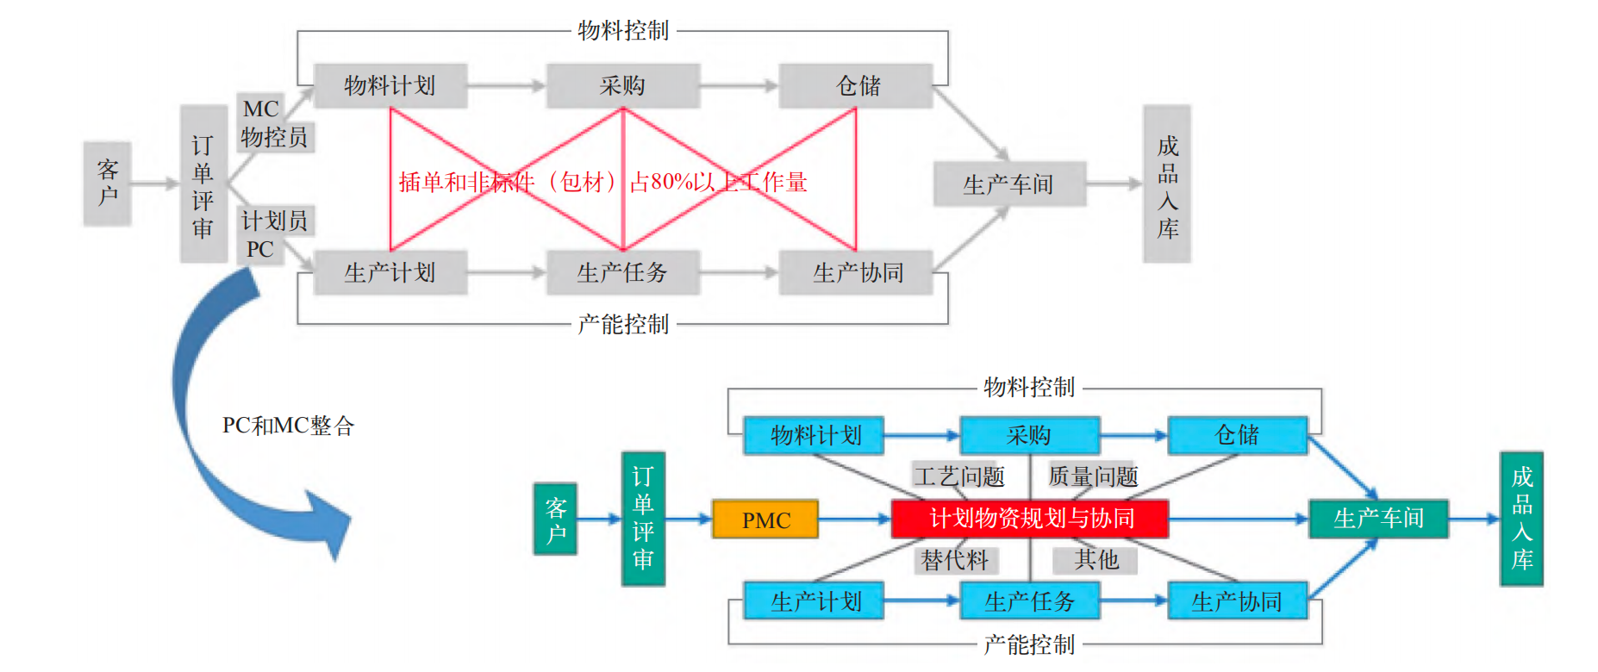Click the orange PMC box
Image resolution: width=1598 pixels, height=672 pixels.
[765, 520]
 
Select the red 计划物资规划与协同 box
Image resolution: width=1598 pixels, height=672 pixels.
[1030, 519]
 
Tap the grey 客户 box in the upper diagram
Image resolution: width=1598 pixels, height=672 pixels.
[108, 184]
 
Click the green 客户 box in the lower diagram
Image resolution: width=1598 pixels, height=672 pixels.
[555, 520]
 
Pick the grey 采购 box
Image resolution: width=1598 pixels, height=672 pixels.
[622, 85]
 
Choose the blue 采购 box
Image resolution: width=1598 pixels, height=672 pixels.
[1029, 435]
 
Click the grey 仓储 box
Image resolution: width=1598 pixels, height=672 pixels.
[857, 85]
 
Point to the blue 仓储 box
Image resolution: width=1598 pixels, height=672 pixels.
[1237, 435]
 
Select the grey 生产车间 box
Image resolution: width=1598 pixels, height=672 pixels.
[1008, 184]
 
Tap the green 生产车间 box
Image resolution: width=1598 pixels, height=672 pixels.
[1378, 519]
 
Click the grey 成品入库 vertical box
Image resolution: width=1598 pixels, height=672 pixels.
[1167, 184]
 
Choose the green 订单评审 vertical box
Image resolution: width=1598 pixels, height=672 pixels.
[643, 519]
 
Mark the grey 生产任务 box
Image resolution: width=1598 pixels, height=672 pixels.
[622, 273]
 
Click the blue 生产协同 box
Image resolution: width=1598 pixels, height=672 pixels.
[1237, 601]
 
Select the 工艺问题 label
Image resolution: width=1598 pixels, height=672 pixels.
[959, 476]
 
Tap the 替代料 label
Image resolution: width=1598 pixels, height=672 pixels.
[955, 561]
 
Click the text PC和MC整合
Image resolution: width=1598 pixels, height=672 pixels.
[288, 426]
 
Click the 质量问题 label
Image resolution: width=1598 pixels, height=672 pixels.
[1093, 476]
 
